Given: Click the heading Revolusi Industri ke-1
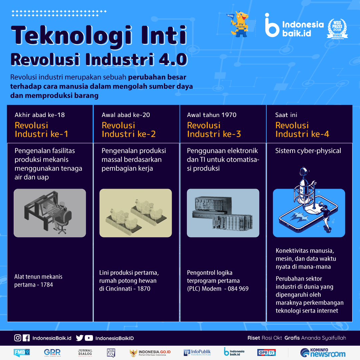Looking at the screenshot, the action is point(41,130).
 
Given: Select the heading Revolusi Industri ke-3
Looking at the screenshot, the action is point(214,130).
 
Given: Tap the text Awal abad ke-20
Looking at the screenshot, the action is point(126,115).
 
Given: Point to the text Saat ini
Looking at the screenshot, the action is point(286,115).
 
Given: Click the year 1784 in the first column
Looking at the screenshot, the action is point(47,285).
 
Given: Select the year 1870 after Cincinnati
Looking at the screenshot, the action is point(144,289).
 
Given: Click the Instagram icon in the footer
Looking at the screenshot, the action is point(18,338).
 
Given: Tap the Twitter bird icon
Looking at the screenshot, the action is point(79,338).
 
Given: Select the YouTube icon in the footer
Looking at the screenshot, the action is point(89,338).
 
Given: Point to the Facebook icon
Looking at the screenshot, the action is point(26,338).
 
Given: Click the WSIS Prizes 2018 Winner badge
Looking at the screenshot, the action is point(337,29).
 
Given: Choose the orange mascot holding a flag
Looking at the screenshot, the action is point(239,24).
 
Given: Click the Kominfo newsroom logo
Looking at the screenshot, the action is point(323,353).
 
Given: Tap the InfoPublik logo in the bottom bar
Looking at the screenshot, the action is point(197,352).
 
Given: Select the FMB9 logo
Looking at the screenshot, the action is point(22,352).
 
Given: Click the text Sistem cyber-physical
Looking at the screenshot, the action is point(308,151).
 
